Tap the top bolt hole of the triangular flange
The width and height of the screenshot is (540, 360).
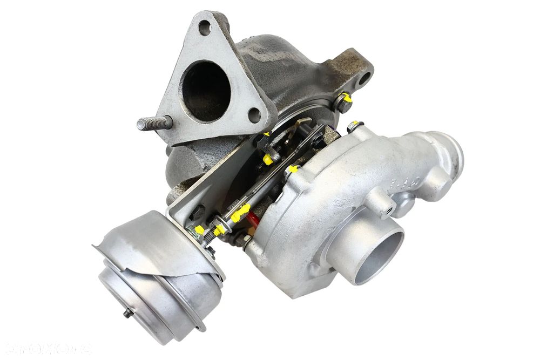click(x=205, y=27)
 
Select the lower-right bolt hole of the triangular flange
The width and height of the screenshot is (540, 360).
click(x=254, y=114)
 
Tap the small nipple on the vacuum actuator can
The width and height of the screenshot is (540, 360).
click(x=127, y=313)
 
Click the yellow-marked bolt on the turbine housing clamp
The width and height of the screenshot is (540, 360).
click(x=345, y=101)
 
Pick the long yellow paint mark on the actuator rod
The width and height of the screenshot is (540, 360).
click(x=240, y=212)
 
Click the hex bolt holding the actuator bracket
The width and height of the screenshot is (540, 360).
click(x=197, y=212)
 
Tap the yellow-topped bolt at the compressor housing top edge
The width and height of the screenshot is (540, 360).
click(x=353, y=126)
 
